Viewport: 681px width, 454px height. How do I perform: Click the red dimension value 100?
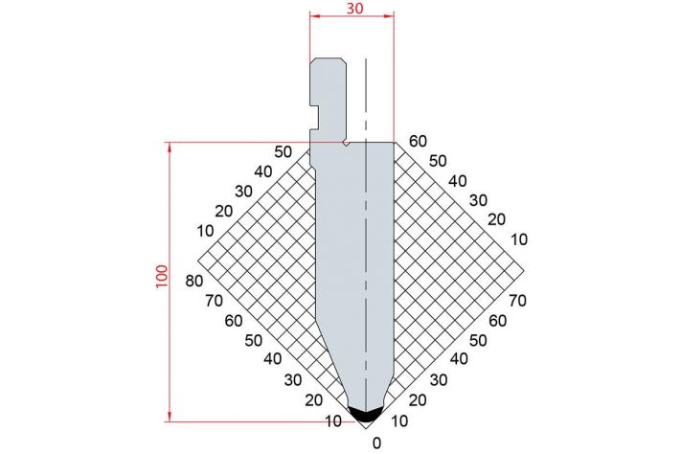click(x=162, y=276)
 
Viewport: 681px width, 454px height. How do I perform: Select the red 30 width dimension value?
click(x=354, y=9)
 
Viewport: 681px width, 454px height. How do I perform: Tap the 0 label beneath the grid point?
click(x=376, y=443)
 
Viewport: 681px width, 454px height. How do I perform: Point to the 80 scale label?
click(x=194, y=281)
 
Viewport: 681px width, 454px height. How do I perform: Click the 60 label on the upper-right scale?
click(x=419, y=141)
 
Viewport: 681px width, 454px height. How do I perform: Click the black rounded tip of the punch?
click(x=365, y=415)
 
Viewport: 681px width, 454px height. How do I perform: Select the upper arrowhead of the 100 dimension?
click(x=170, y=148)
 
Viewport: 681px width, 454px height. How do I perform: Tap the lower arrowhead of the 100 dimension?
click(x=170, y=417)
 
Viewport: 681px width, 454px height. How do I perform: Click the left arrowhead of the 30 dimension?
click(x=315, y=16)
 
